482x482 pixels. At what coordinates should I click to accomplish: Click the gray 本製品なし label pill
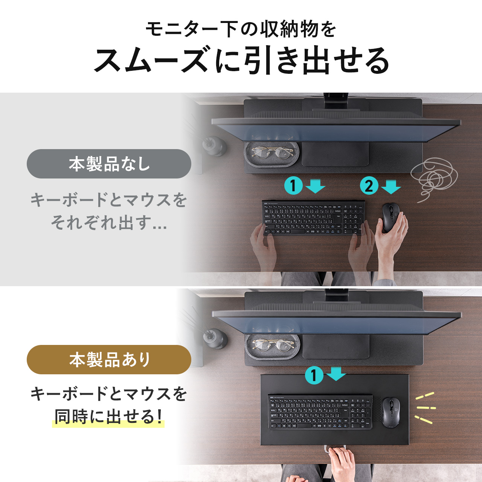point(109,164)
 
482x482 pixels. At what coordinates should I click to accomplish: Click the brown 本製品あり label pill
point(109,360)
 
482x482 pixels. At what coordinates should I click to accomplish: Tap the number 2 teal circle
point(369,186)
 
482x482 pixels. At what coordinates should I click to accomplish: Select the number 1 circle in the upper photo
point(293,186)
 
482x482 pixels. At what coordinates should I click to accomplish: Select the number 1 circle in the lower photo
point(314,375)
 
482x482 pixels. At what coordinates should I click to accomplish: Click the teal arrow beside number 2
point(391,186)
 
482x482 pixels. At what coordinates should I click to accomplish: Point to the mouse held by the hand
point(390,217)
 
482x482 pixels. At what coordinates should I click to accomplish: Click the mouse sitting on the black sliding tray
point(391,412)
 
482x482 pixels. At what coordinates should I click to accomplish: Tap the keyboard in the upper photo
point(313,218)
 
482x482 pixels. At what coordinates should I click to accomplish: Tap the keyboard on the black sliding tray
point(320,412)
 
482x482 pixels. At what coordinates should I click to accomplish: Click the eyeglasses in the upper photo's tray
point(272,153)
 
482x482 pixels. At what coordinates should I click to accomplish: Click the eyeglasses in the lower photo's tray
point(273,345)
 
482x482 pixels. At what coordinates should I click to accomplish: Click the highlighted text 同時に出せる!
point(109,417)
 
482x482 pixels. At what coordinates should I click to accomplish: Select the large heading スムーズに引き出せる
point(241,60)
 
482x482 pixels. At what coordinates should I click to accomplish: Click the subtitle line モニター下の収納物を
point(241,29)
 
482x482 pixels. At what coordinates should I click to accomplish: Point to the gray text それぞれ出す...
point(109,222)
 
